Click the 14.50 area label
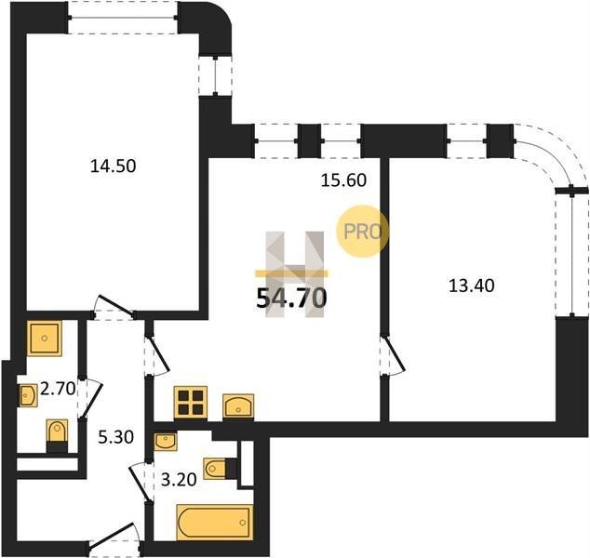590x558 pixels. pyautogui.click(x=113, y=166)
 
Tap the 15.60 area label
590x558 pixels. pyautogui.click(x=343, y=180)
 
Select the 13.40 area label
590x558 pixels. pyautogui.click(x=472, y=286)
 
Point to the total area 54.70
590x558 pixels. pyautogui.click(x=291, y=299)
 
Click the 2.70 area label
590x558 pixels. pyautogui.click(x=58, y=389)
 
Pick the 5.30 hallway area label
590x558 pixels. pyautogui.click(x=116, y=437)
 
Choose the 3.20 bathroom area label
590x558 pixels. pyautogui.click(x=179, y=479)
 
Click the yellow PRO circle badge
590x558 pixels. pyautogui.click(x=362, y=232)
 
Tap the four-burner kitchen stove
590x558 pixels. pyautogui.click(x=191, y=403)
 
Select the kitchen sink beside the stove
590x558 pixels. pyautogui.click(x=238, y=406)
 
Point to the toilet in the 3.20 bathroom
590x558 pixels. pyautogui.click(x=220, y=469)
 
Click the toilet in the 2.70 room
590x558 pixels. pyautogui.click(x=57, y=436)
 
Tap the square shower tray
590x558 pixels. pyautogui.click(x=45, y=339)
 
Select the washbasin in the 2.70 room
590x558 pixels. pyautogui.click(x=28, y=395)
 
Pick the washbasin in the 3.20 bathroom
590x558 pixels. pyautogui.click(x=166, y=442)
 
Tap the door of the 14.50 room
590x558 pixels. pyautogui.click(x=114, y=307)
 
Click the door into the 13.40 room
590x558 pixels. pyautogui.click(x=393, y=355)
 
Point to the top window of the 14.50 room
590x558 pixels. pyautogui.click(x=123, y=18)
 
